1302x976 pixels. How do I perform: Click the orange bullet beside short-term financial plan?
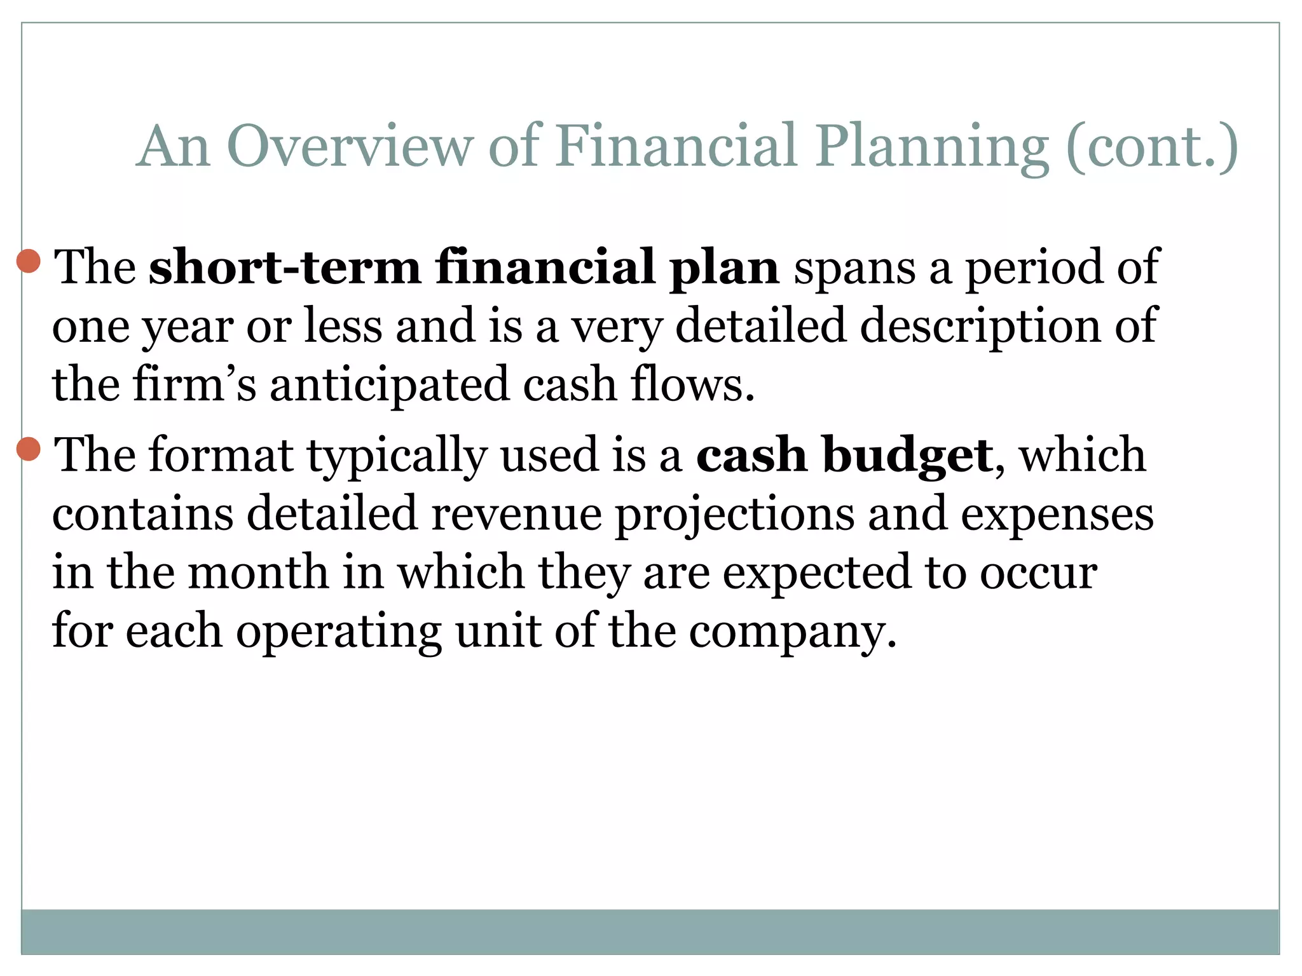point(29,261)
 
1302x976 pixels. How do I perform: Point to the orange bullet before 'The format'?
point(29,449)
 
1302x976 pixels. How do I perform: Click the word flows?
point(693,385)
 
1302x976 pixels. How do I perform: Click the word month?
point(258,572)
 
